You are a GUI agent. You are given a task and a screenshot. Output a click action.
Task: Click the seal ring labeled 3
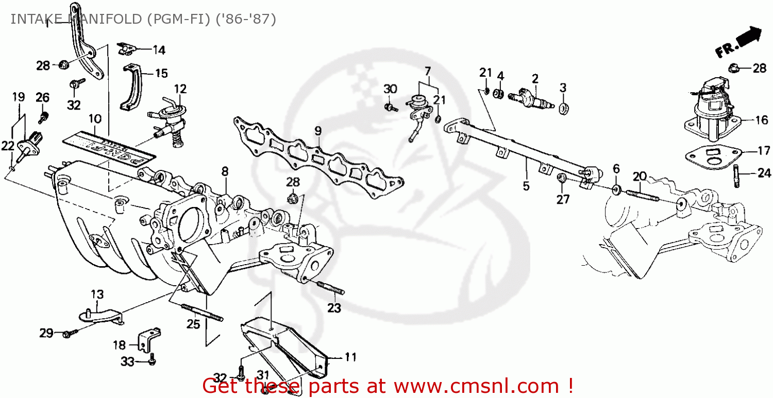tap(564, 108)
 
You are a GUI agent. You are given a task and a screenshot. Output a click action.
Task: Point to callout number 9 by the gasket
tap(318, 131)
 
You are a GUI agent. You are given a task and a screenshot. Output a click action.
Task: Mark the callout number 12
tap(180, 89)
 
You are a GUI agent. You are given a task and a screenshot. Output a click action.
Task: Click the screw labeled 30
tap(392, 107)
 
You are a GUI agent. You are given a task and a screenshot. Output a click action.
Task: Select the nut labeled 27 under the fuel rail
tap(562, 179)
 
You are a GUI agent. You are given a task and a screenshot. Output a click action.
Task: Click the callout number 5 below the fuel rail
tap(526, 186)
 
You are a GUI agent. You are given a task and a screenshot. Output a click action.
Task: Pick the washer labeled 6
tap(616, 189)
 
